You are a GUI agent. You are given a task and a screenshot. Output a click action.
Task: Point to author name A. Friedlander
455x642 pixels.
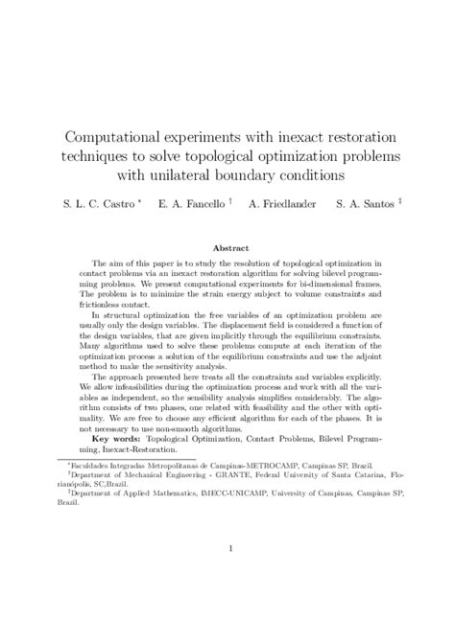point(281,204)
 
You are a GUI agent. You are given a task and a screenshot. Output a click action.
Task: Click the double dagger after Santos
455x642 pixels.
point(398,201)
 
